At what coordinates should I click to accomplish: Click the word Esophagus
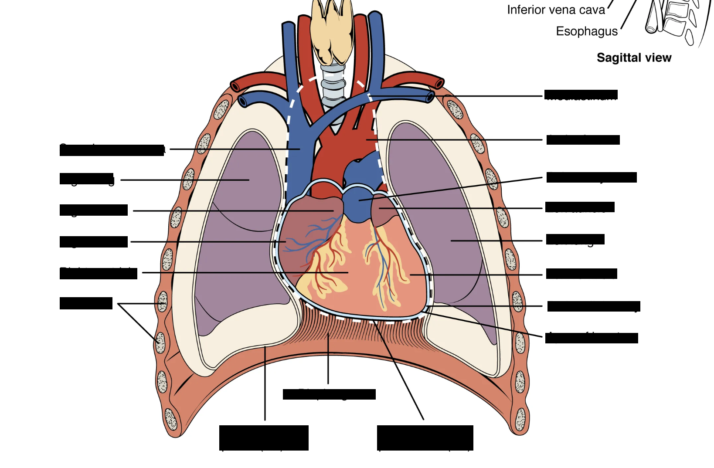tap(586, 31)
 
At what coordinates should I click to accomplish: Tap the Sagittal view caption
tap(634, 58)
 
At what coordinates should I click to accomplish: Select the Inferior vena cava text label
tap(556, 10)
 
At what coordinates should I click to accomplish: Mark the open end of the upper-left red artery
tap(235, 86)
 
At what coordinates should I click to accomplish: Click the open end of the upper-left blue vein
tap(242, 102)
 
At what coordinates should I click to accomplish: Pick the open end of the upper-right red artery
tap(439, 83)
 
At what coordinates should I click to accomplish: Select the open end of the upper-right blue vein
tap(431, 97)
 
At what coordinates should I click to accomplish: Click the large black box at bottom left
tap(264, 437)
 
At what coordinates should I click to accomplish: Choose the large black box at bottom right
tap(425, 437)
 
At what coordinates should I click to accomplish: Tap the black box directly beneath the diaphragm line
tap(329, 394)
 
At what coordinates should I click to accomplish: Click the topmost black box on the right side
tap(581, 95)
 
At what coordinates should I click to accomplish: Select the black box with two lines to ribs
tap(86, 303)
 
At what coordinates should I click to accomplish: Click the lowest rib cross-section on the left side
tap(170, 419)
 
